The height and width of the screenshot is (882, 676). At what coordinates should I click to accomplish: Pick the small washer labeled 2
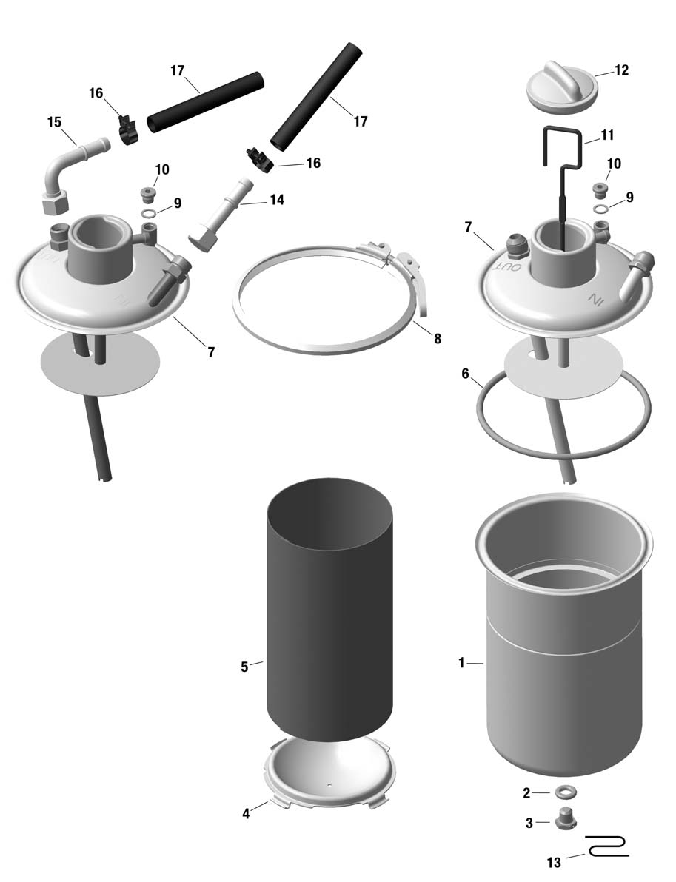[564, 792]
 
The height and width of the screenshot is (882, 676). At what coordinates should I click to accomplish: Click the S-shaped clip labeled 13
[606, 846]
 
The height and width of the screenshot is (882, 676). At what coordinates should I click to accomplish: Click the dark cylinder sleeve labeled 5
[329, 610]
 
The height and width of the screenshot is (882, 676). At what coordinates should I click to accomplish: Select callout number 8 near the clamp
[438, 339]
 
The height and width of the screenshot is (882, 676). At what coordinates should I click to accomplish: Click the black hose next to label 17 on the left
[205, 103]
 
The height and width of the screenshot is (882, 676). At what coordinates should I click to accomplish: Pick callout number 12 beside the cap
[621, 70]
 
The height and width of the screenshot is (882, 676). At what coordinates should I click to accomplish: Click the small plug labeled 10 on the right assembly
[601, 190]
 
